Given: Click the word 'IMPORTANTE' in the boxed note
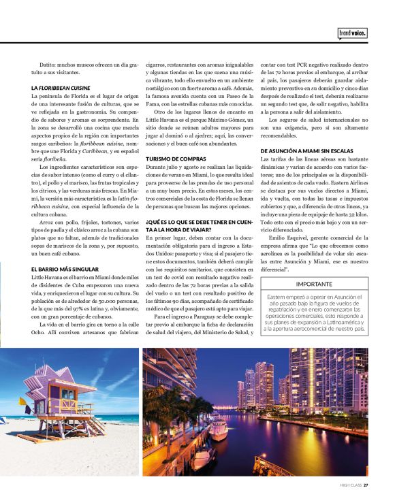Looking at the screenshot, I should coord(315,284).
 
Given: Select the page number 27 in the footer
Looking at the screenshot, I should coord(366,485).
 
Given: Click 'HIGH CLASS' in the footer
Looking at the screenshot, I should coord(350,485).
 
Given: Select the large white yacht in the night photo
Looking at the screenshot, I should coord(218,429).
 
